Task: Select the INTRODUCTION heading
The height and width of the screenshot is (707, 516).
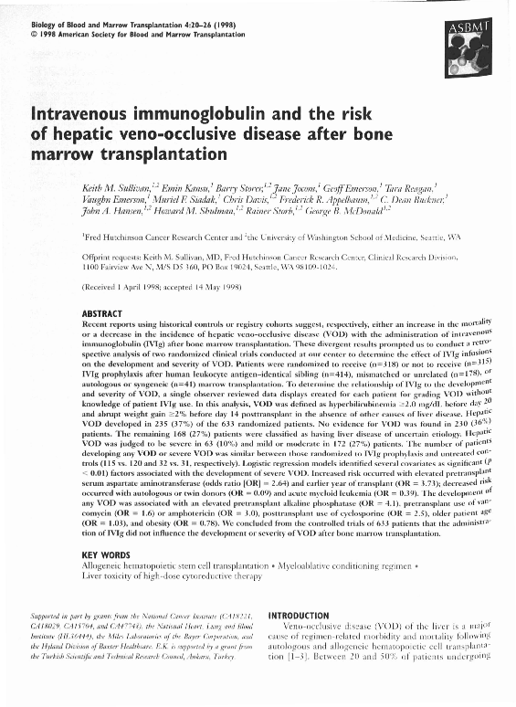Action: (309, 616)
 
